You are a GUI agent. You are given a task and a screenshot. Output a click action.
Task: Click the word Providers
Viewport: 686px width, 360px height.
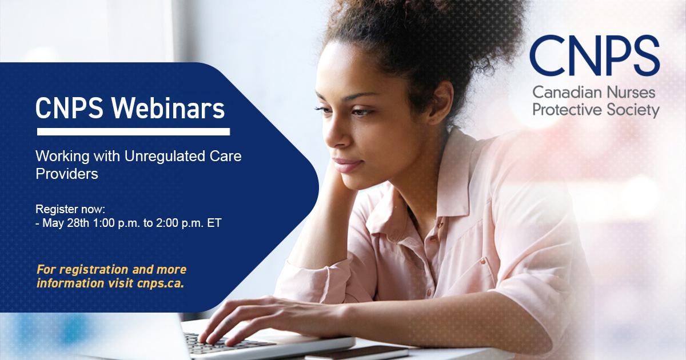[x=67, y=174]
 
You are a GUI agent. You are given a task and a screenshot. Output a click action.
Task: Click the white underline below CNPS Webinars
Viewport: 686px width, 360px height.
[x=133, y=131]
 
